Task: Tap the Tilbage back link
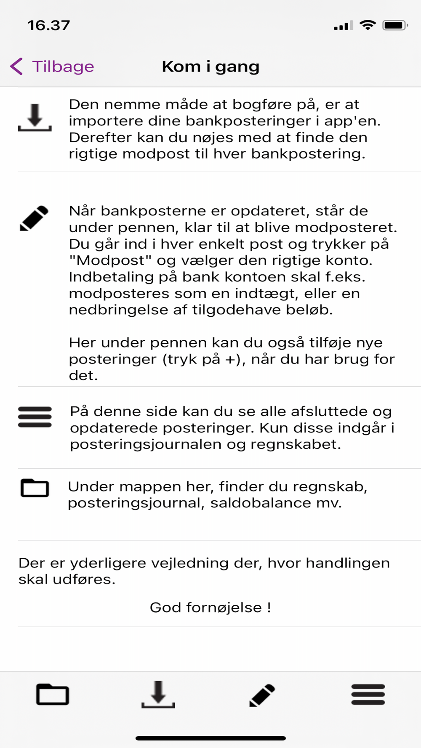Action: (63, 66)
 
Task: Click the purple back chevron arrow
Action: (16, 66)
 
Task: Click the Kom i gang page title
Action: (210, 66)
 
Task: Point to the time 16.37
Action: (49, 25)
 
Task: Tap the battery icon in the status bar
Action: (395, 25)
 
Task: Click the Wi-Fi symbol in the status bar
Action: (368, 25)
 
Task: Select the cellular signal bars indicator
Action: (343, 26)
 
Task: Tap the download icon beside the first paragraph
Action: (35, 117)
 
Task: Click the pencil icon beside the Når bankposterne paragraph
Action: (34, 218)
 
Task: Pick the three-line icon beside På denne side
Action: (35, 417)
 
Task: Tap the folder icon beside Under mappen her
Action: (35, 488)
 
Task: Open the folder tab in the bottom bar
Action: (53, 694)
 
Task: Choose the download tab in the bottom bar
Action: (158, 694)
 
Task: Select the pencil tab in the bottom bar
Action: (262, 695)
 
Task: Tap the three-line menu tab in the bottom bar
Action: (368, 694)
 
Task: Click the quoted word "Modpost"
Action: (110, 260)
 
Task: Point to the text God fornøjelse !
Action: (210, 607)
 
